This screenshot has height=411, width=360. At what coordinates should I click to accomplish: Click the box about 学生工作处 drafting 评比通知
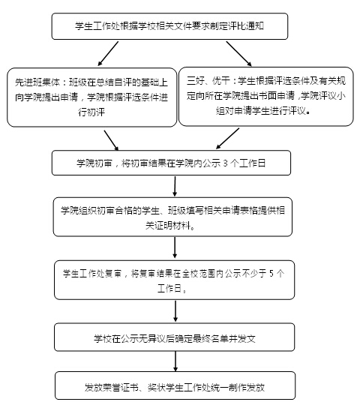coord(169,26)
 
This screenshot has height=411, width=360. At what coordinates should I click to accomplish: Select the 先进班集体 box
coord(91,97)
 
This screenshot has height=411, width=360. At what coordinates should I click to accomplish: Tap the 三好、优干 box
coord(265,96)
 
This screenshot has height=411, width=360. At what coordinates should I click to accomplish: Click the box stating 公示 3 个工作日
coord(171,163)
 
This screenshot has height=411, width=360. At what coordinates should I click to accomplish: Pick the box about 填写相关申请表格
coord(172,217)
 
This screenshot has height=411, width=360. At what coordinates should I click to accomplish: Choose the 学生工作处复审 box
coord(174,280)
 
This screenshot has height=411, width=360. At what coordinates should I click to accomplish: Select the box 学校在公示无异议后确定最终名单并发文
coord(174,337)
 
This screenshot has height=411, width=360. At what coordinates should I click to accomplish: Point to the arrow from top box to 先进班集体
coord(108,53)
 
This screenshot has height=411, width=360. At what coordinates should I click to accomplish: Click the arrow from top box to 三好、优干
coord(238,53)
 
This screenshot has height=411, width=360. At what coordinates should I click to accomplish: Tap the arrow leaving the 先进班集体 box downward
coord(112,140)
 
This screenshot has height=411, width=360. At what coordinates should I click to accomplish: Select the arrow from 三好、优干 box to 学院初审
coord(227,139)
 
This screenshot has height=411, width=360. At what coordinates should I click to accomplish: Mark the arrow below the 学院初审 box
coord(175,186)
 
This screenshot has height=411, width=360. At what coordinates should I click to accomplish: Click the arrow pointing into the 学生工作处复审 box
coord(175,247)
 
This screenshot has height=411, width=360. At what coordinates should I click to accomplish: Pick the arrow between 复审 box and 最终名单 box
coord(175,311)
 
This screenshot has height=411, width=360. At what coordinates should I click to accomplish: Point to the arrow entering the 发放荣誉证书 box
coord(175,361)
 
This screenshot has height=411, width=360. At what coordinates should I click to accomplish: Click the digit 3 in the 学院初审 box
coord(225,163)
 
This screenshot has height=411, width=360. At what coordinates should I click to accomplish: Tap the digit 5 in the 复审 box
coord(271,274)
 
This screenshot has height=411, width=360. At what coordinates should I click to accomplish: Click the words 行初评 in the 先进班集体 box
coord(91,112)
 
